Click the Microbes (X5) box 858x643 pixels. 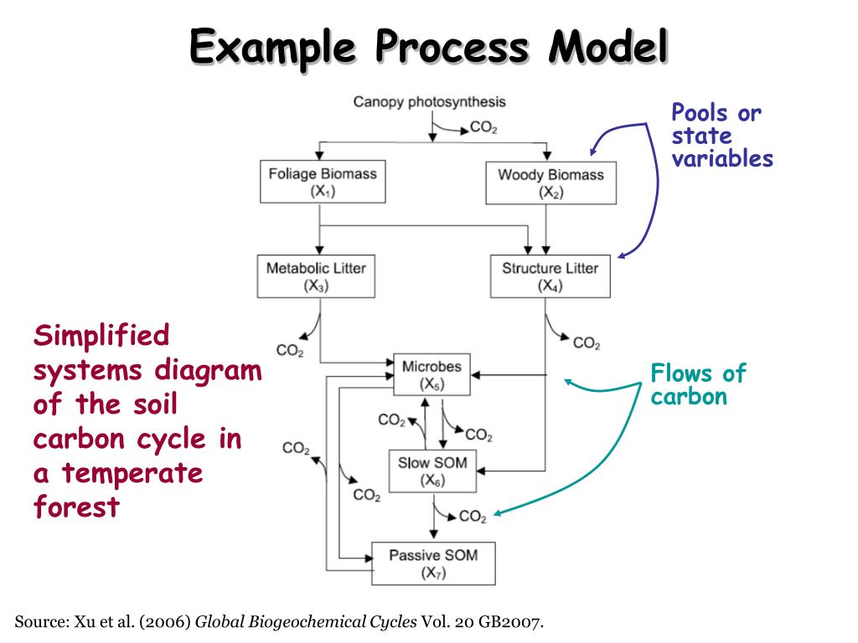[432, 374]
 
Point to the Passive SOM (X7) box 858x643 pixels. [433, 563]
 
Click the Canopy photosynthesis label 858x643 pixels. [429, 102]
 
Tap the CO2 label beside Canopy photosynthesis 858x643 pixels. [483, 128]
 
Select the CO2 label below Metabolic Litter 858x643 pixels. [289, 350]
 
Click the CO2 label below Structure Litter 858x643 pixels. [587, 342]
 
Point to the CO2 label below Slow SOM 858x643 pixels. [473, 517]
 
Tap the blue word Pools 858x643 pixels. [700, 114]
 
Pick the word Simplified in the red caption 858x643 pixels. [101, 337]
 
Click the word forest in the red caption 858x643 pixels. [76, 507]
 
